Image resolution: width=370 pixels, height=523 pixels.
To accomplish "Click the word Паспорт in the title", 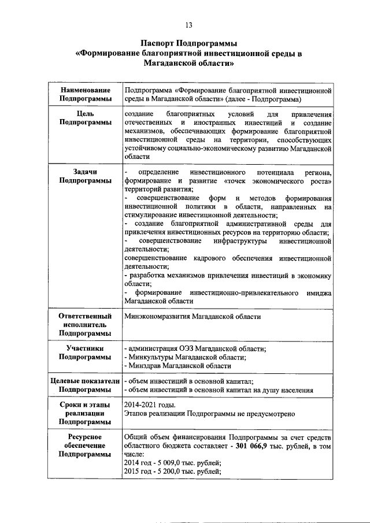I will pos(161,43).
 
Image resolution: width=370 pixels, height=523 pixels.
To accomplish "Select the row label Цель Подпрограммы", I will pos(85,118).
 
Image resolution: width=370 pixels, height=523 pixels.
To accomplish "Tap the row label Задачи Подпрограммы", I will pos(85,176).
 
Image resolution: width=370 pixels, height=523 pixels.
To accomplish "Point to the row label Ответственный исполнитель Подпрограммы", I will pos(85,325).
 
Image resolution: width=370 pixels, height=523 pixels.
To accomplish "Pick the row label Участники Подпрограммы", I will pos(85,353).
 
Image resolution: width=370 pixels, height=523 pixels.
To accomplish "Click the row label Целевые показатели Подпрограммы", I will pos(85,385).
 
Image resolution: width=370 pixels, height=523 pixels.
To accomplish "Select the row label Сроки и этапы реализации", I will pos(85,414).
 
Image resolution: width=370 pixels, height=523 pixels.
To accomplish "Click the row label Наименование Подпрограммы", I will pos(85,95).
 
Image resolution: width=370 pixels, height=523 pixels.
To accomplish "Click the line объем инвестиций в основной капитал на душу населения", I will pos(219,390).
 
